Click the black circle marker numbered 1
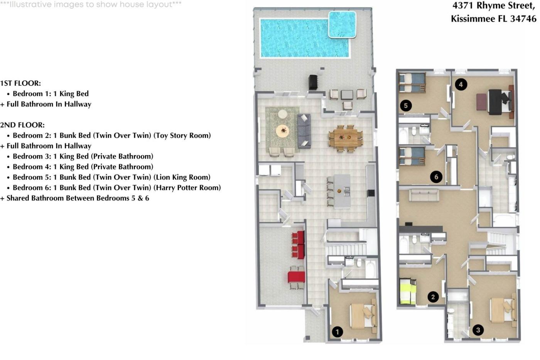click(337, 332)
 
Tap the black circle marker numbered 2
click(433, 297)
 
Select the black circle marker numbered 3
click(478, 330)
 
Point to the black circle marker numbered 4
click(461, 85)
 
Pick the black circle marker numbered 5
click(406, 105)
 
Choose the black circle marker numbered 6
click(436, 177)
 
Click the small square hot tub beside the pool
click(342, 25)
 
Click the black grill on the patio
click(313, 82)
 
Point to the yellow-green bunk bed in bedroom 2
click(408, 291)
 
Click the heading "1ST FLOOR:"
click(20, 83)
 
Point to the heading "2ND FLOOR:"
click(22, 125)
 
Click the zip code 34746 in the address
click(523, 19)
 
